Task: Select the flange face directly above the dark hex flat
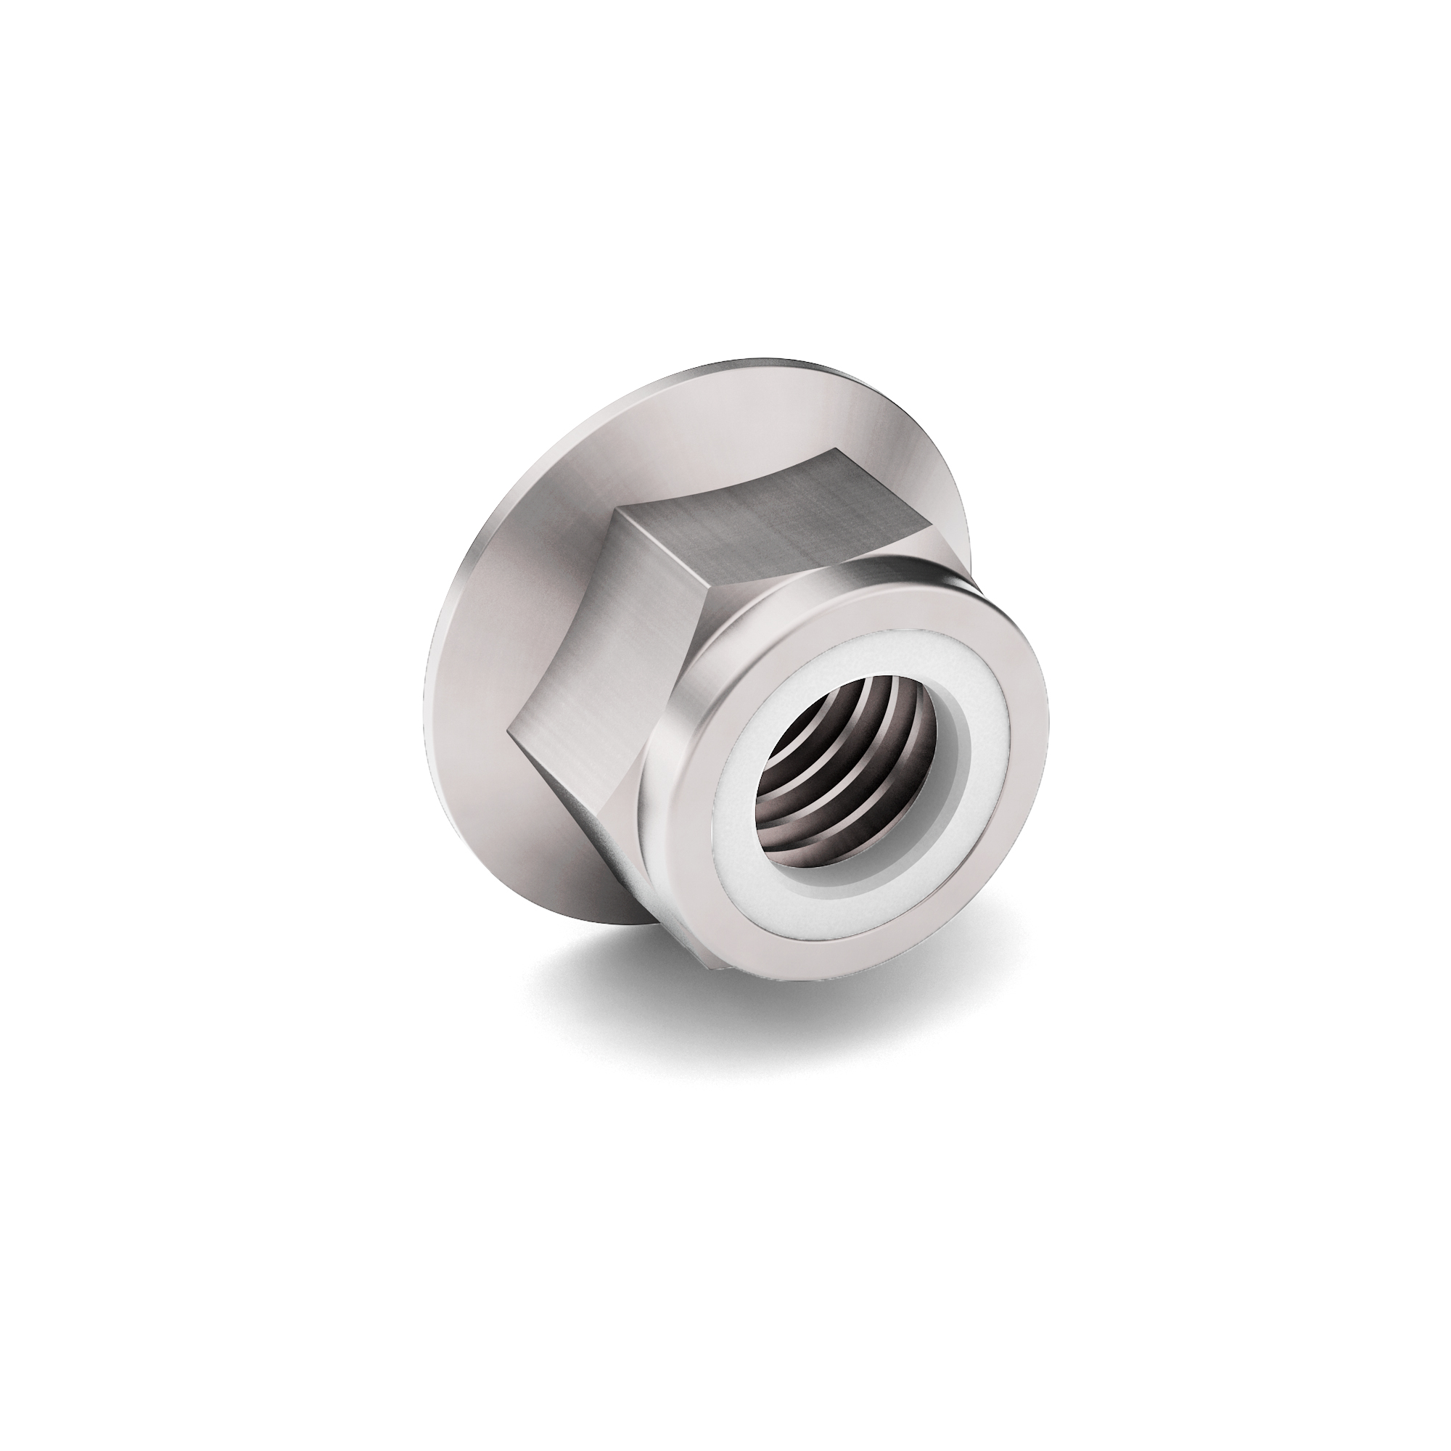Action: pyautogui.click(x=751, y=428)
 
